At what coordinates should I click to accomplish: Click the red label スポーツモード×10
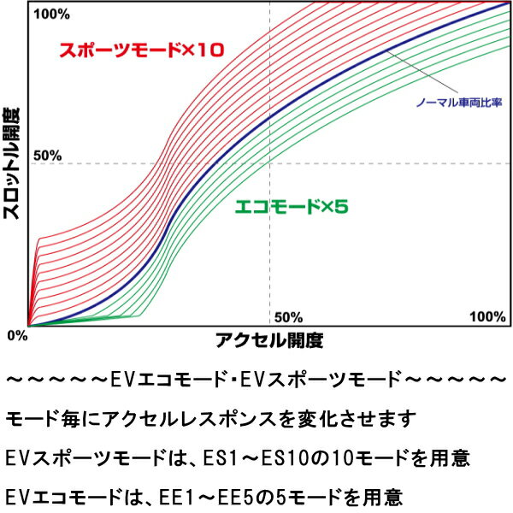140,50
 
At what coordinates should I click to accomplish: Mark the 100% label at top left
52,15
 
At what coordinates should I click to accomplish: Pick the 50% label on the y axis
48,156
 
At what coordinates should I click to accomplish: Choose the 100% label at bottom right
487,317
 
